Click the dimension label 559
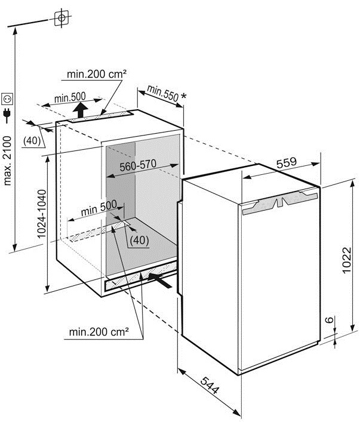tap(286, 162)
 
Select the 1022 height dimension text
tap(347, 260)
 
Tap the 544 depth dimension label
tap(210, 385)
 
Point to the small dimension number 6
tap(329, 320)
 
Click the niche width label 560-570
tap(138, 165)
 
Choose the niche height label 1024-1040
tap(42, 214)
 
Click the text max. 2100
tap(8, 161)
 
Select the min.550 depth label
tap(162, 93)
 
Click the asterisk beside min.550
tap(183, 96)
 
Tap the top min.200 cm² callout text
tap(97, 74)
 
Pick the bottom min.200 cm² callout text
tap(99, 332)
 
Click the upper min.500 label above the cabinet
tap(70, 97)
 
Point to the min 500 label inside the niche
tap(99, 208)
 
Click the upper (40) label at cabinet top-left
tap(32, 140)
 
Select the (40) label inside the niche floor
tap(139, 240)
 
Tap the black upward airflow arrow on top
tap(80, 110)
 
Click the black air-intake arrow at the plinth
tap(159, 280)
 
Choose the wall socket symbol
tap(7, 99)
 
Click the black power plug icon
tap(7, 116)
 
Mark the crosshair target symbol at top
tap(61, 18)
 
